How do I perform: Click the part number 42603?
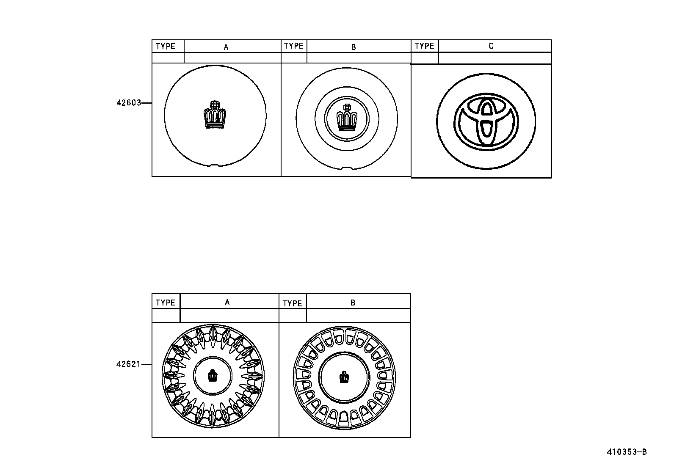pyautogui.click(x=128, y=103)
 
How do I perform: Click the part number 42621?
pyautogui.click(x=128, y=364)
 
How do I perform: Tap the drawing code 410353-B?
pyautogui.click(x=627, y=452)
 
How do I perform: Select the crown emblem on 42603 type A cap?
pyautogui.click(x=215, y=115)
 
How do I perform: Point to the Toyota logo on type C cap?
pyautogui.click(x=486, y=121)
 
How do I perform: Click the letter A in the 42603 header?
pyautogui.click(x=226, y=47)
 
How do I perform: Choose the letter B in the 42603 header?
pyautogui.click(x=354, y=47)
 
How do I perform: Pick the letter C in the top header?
pyautogui.click(x=491, y=46)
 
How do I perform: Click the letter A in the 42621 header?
pyautogui.click(x=227, y=302)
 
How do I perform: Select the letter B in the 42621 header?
pyautogui.click(x=353, y=303)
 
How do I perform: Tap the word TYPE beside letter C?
pyautogui.click(x=425, y=46)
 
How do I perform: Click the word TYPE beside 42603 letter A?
pyautogui.click(x=166, y=47)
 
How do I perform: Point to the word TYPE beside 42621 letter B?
pyautogui.click(x=293, y=303)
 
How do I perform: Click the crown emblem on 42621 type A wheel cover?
pyautogui.click(x=213, y=376)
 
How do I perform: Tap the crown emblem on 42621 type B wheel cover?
pyautogui.click(x=344, y=377)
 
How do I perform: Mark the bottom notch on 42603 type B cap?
pyautogui.click(x=347, y=168)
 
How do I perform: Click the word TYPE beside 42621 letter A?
pyautogui.click(x=166, y=303)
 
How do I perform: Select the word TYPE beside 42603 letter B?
pyautogui.click(x=294, y=46)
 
